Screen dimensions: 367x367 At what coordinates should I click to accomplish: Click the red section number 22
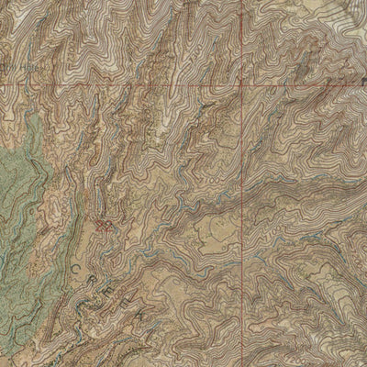[x=105, y=223]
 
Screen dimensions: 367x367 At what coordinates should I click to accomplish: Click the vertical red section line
[x=245, y=183]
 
